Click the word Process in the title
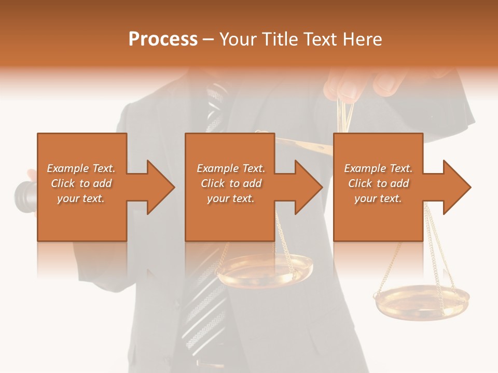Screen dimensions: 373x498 tap(163, 39)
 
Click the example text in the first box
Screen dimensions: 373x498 tap(81, 183)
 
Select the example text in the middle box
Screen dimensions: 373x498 tap(230, 183)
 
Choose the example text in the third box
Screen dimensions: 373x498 tap(378, 183)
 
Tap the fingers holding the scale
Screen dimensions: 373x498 tap(358, 85)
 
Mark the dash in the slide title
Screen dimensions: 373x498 tap(208, 39)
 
